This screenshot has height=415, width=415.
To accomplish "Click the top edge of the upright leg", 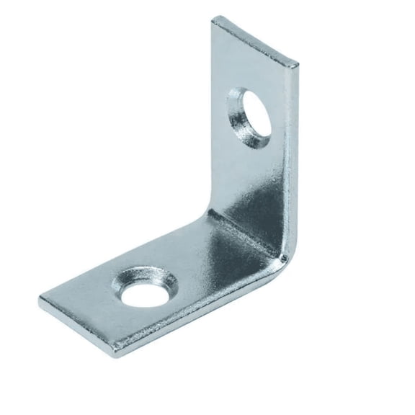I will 256,40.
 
